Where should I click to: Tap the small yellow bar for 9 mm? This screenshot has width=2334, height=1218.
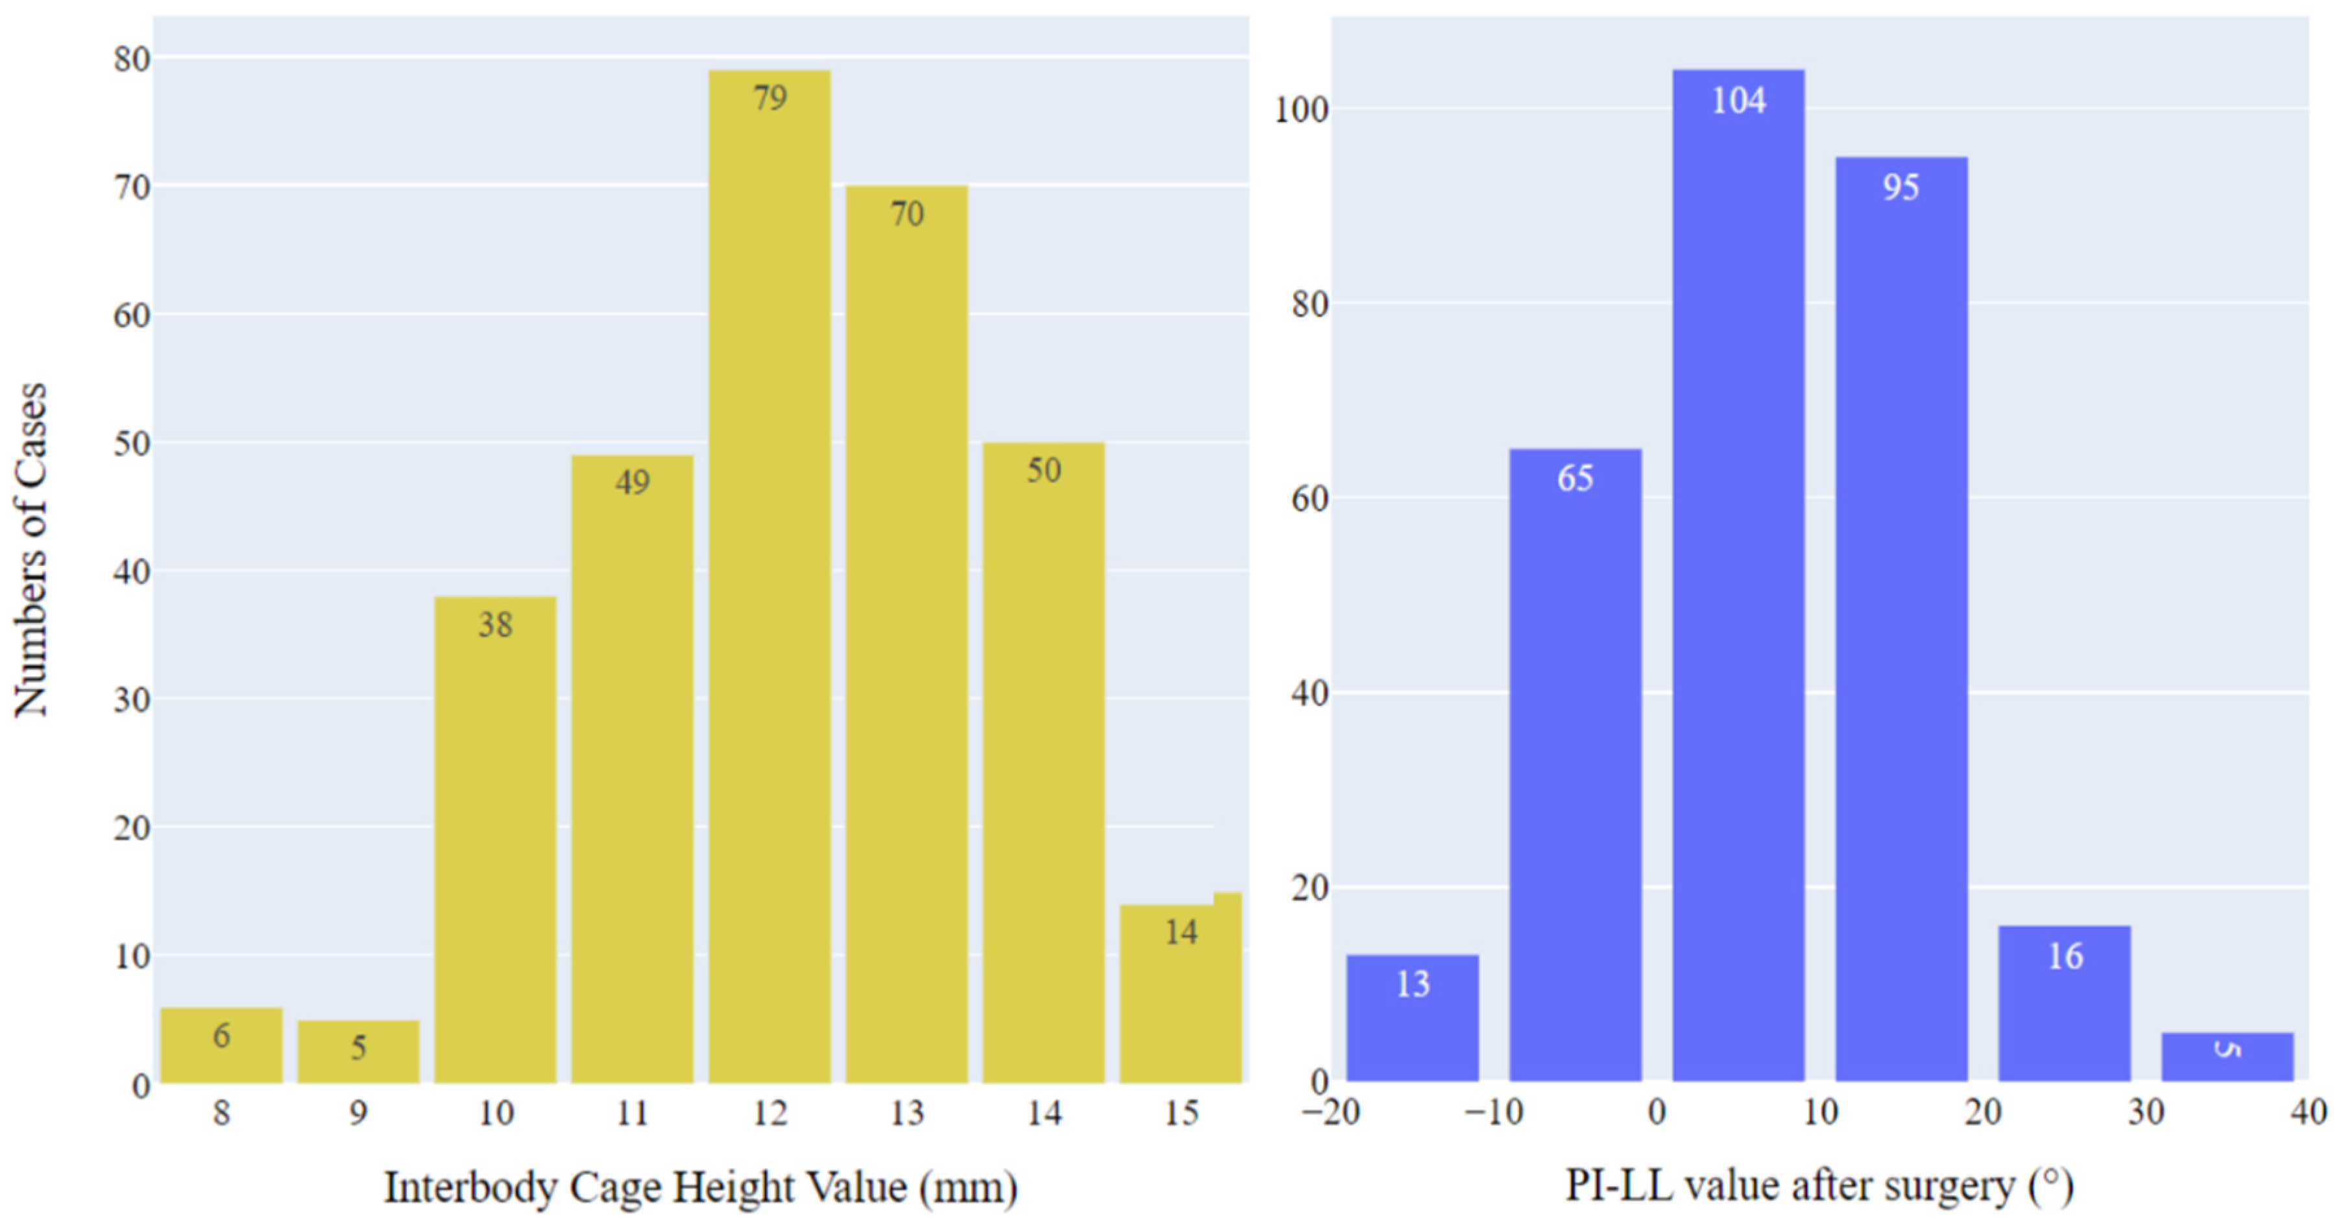pos(358,1056)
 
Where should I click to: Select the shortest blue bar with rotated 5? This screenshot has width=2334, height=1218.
pos(2227,1058)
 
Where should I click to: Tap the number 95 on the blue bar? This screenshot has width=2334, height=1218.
pos(1901,188)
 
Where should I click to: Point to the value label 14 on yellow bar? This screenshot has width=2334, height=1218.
pos(1180,932)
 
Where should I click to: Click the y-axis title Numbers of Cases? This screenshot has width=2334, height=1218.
pos(29,550)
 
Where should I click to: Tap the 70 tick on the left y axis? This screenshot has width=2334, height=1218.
pos(131,188)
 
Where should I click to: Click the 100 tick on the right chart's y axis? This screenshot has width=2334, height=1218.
pos(1301,110)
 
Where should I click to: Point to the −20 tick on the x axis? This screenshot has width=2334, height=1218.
pos(1331,1112)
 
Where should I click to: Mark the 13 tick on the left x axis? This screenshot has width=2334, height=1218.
pos(906,1113)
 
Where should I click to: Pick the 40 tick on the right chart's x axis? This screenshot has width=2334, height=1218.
pos(2308,1112)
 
